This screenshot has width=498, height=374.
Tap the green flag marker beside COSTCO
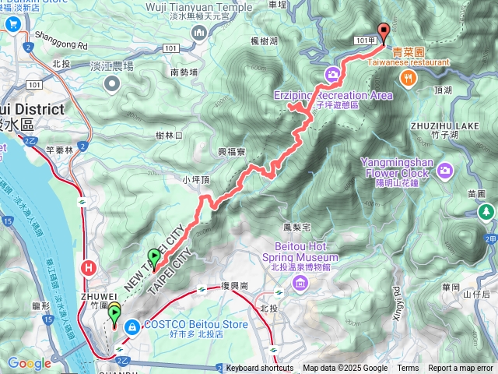click(x=114, y=314)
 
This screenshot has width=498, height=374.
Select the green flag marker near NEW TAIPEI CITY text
click(x=153, y=256)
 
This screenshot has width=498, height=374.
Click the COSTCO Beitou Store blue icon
click(x=130, y=325)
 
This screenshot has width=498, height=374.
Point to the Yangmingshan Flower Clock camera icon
click(x=444, y=169)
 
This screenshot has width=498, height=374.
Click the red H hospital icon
click(x=89, y=269)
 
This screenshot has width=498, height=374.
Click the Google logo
click(x=30, y=363)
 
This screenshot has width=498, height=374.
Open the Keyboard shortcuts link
click(x=260, y=368)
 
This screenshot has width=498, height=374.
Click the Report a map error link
click(x=460, y=368)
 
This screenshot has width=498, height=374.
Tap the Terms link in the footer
click(x=408, y=368)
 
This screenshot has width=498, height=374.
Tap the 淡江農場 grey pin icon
click(x=113, y=83)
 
